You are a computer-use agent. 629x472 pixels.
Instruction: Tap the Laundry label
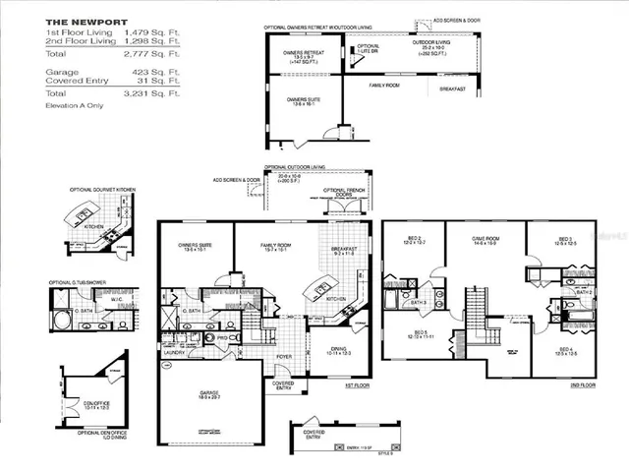(x=175, y=350)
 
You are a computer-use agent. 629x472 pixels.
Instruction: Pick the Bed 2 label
(x=413, y=238)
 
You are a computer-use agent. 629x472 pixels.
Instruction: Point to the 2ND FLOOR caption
(x=580, y=385)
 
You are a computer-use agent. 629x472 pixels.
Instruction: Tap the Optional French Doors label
(x=344, y=191)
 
